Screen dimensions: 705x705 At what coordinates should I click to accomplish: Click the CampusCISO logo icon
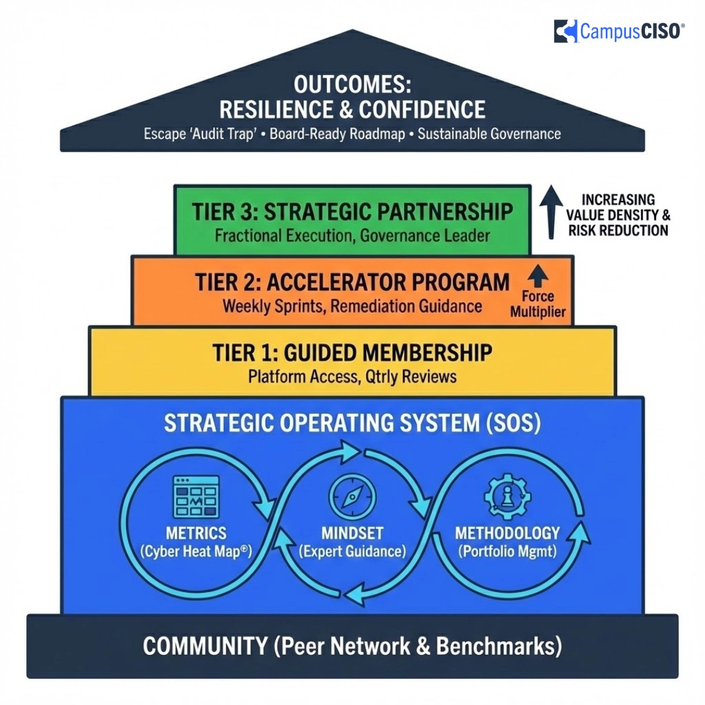(x=566, y=31)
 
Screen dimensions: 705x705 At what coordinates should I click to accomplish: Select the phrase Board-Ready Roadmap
(x=335, y=134)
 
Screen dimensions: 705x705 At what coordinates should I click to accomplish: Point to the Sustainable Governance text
(x=489, y=134)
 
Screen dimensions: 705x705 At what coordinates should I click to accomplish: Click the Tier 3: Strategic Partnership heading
(x=352, y=211)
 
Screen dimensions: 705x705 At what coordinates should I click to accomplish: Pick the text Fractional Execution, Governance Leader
(x=352, y=235)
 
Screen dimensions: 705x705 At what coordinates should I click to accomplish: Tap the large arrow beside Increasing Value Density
(x=552, y=210)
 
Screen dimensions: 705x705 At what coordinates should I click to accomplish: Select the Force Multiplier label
(x=537, y=305)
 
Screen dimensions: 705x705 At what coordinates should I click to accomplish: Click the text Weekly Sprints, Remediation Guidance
(x=352, y=305)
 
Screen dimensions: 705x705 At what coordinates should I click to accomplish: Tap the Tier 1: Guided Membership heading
(x=352, y=352)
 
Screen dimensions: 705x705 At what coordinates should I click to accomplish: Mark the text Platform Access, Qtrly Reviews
(x=352, y=377)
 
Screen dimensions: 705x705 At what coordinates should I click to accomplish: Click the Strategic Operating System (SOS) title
(x=352, y=423)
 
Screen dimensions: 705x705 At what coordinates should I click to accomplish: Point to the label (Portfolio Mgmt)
(x=507, y=551)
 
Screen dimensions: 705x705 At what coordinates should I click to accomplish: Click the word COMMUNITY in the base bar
(x=205, y=646)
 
